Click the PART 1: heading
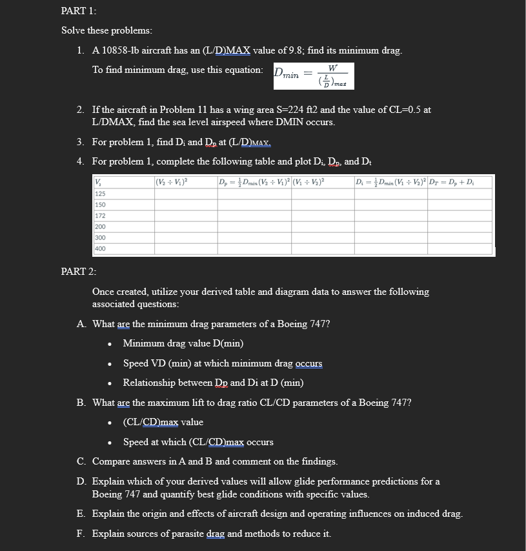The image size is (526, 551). pos(74,11)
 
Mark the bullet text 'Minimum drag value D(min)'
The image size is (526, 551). pos(183,343)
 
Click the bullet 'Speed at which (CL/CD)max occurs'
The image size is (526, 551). pos(198,442)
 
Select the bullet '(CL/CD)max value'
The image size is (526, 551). pos(163,422)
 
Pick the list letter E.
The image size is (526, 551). pos(81,514)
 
